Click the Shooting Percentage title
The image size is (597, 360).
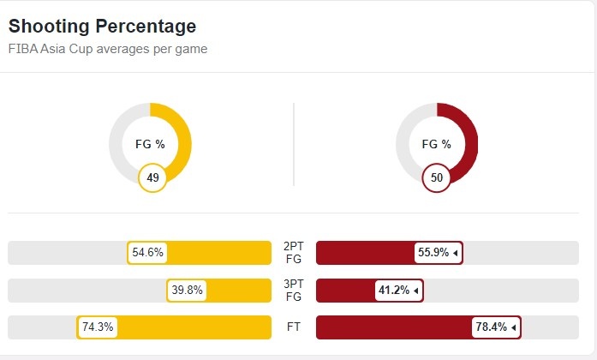102,27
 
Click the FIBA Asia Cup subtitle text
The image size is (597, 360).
107,49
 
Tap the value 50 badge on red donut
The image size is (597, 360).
437,177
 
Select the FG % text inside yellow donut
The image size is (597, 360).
150,144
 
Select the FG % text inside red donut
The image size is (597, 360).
437,144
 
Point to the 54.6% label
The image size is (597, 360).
147,253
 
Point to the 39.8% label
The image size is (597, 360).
187,291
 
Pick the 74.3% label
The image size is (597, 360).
97,327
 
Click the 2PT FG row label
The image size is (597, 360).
293,253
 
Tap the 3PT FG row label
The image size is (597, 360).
293,291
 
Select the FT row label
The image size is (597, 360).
293,327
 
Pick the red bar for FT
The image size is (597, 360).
394,327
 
